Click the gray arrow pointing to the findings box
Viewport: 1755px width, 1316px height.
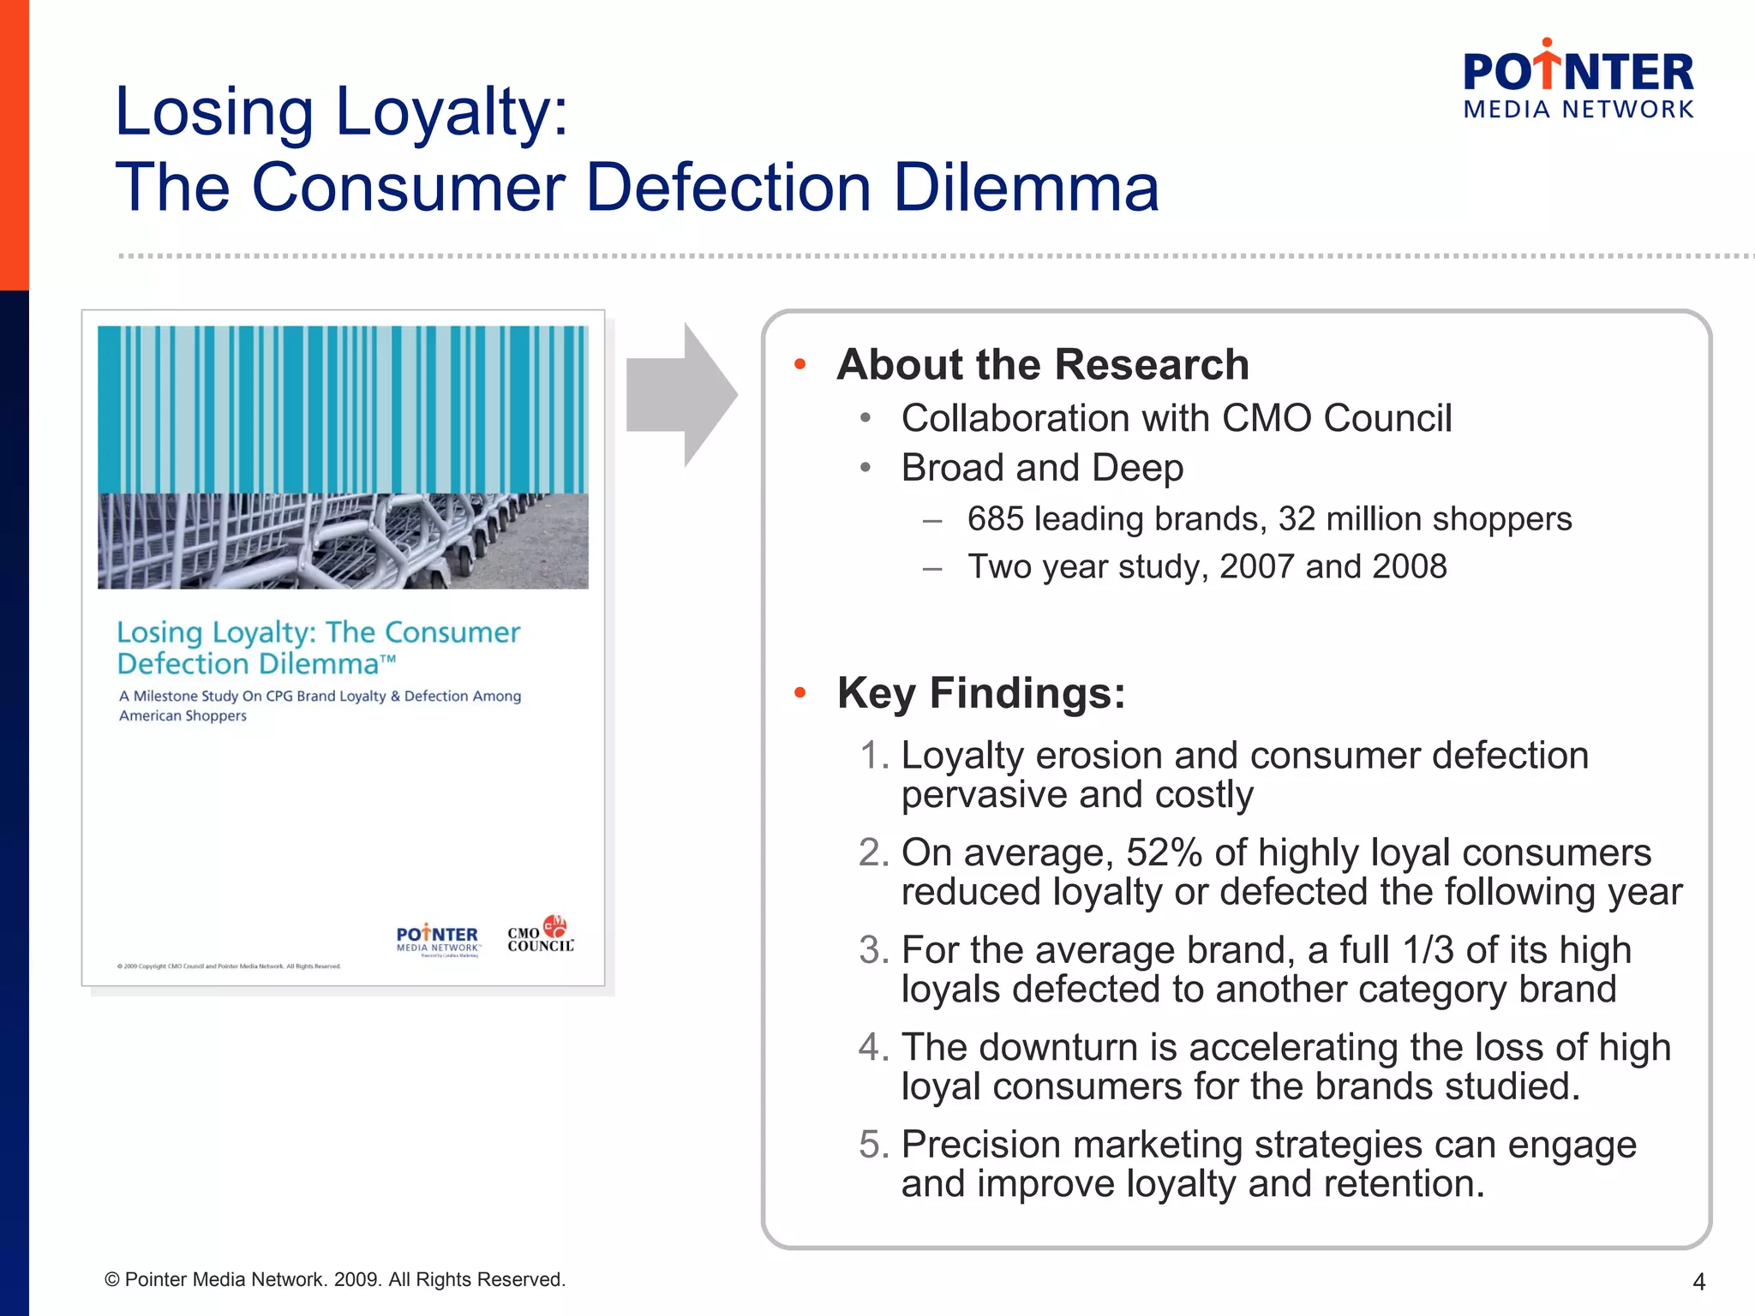pyautogui.click(x=681, y=395)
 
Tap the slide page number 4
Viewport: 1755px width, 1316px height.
pyautogui.click(x=1698, y=1282)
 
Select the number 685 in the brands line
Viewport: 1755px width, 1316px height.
pyautogui.click(x=995, y=519)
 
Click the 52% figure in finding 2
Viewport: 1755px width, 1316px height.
pyautogui.click(x=1163, y=853)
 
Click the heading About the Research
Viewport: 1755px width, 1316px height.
pyautogui.click(x=1043, y=365)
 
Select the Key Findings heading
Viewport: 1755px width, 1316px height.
pyautogui.click(x=981, y=693)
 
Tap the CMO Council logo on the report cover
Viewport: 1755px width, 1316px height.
pyautogui.click(x=541, y=935)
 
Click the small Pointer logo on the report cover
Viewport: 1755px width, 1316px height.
pyautogui.click(x=437, y=938)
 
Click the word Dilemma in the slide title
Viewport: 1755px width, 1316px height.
pyautogui.click(x=1026, y=188)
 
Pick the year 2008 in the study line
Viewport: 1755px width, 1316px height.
pyautogui.click(x=1409, y=567)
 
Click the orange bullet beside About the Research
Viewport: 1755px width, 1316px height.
pyautogui.click(x=800, y=365)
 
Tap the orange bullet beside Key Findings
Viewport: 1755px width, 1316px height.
pyautogui.click(x=800, y=693)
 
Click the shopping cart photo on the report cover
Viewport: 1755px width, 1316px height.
pyautogui.click(x=343, y=541)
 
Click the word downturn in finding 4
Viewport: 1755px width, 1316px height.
pyautogui.click(x=1058, y=1047)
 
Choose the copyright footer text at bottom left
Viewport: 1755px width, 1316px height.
pyautogui.click(x=334, y=1280)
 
